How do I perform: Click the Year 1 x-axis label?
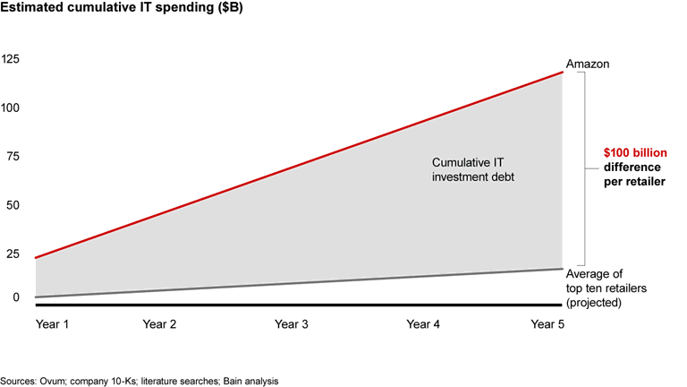point(51,323)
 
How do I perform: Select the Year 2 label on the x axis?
point(159,323)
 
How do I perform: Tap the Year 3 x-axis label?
point(292,323)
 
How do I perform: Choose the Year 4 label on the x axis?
point(423,323)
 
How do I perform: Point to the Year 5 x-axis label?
point(547,323)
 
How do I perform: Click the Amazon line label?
point(587,65)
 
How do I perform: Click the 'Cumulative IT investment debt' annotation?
point(473,170)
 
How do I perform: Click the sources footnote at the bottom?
point(140,379)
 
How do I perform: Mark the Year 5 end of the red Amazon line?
point(563,72)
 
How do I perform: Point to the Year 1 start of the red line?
point(35,258)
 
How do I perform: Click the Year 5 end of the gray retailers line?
point(563,269)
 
